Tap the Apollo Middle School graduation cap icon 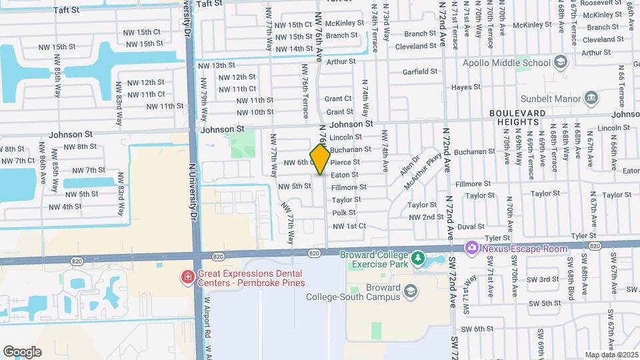(561, 63)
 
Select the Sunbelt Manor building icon (591, 100)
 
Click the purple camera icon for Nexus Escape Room (472, 248)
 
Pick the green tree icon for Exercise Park (418, 257)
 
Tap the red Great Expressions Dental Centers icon (189, 276)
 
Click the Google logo (22, 351)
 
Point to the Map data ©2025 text (611, 355)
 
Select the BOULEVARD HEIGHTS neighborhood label (522, 118)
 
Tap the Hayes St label (465, 87)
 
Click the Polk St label (344, 213)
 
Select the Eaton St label (345, 175)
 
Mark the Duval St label (471, 227)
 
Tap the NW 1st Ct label (349, 226)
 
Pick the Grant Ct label (338, 99)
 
